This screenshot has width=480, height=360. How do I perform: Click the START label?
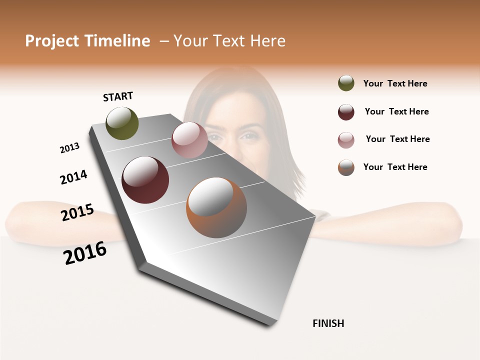pos(118,96)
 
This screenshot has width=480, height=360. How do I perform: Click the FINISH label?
pos(328,323)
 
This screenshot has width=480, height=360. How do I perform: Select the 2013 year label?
pos(69,148)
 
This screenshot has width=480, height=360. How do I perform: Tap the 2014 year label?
pos(73,177)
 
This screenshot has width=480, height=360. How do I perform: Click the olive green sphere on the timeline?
pos(122,123)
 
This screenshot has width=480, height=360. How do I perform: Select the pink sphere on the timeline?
pos(189,140)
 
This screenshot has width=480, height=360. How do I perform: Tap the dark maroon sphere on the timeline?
pos(145,180)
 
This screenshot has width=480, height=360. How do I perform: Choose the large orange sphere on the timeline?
pos(216,207)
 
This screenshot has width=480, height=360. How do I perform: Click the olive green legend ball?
pos(346,83)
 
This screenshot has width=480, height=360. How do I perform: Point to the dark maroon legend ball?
pos(346,112)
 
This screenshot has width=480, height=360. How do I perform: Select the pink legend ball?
pos(346,140)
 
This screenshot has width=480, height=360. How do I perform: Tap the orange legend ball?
pos(346,167)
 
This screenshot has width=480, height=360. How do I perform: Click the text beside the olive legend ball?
pos(395,83)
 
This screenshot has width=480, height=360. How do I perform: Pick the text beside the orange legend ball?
pos(395,167)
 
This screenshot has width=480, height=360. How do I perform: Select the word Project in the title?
pos(52,41)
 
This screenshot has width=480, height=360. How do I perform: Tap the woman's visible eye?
pos(248,135)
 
